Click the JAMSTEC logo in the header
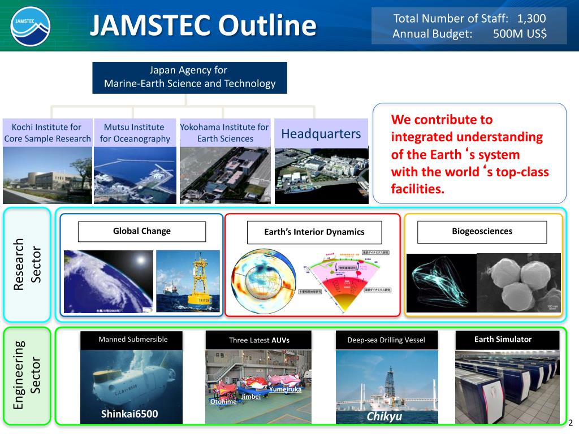30,26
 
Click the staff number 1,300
532,19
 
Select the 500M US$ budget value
520,34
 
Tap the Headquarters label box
321,134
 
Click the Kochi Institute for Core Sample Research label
47,133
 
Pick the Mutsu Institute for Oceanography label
135,133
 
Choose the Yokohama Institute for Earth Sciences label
224,133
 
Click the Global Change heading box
141,231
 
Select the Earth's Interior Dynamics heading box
314,232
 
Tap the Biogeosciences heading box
482,232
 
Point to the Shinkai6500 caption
129,414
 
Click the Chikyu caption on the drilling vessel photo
384,417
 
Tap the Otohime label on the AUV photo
223,402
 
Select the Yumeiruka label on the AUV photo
285,389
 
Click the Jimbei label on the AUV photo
250,397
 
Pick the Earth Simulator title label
503,340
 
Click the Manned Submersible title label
133,340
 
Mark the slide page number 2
570,423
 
